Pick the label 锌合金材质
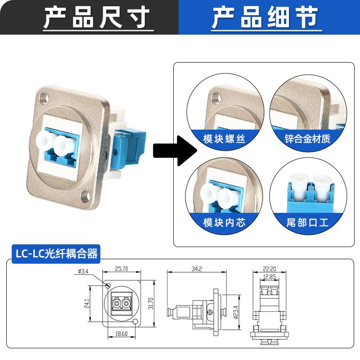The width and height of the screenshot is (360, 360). point(308,138)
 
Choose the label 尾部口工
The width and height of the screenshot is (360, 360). point(308,222)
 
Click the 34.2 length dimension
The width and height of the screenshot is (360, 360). point(196,269)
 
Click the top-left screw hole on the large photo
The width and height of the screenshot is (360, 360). point(44,97)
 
